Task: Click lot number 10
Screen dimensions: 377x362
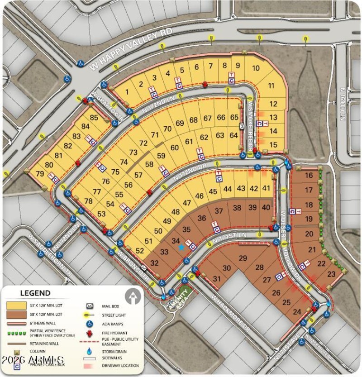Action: (x=256, y=68)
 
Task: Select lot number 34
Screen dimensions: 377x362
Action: (x=176, y=241)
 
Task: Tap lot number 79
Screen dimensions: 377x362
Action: (x=40, y=174)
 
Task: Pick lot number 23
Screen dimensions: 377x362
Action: (x=331, y=273)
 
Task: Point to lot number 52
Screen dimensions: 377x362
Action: (x=140, y=251)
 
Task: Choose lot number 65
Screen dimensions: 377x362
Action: (x=234, y=117)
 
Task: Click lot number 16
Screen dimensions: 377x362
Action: (x=309, y=175)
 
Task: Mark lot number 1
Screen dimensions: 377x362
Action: (x=127, y=92)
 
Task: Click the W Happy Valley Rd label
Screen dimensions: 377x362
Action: (x=131, y=50)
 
